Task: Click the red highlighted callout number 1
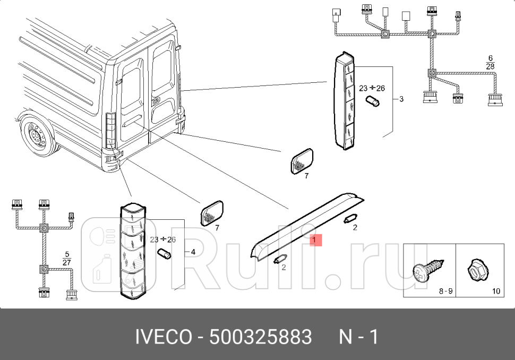coord(314,240)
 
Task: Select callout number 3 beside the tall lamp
coord(401,99)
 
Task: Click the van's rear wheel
coord(37,135)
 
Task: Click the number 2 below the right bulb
coord(355,227)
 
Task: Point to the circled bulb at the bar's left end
coord(280,259)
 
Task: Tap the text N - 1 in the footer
coord(358,337)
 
